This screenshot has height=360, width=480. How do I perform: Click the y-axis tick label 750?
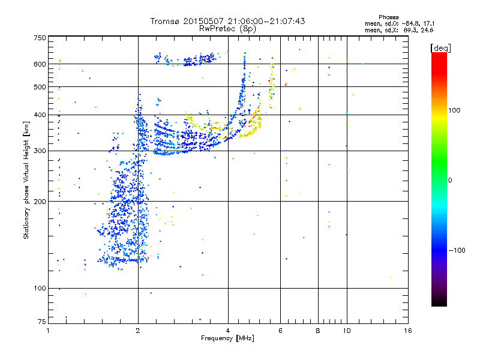tap(40, 38)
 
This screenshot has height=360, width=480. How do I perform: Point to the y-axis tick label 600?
tap(40, 64)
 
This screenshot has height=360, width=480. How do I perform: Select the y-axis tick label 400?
tap(40, 115)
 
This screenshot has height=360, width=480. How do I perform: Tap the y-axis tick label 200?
tap(40, 202)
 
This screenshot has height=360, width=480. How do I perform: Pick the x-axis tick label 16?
tap(407, 331)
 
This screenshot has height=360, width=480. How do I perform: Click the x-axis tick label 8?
tap(318, 331)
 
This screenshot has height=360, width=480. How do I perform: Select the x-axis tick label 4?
tap(228, 331)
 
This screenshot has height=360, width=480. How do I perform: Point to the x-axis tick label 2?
tap(138, 331)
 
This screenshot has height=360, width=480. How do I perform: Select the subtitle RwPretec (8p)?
tap(227, 28)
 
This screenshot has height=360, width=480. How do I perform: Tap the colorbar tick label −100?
tap(458, 250)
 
